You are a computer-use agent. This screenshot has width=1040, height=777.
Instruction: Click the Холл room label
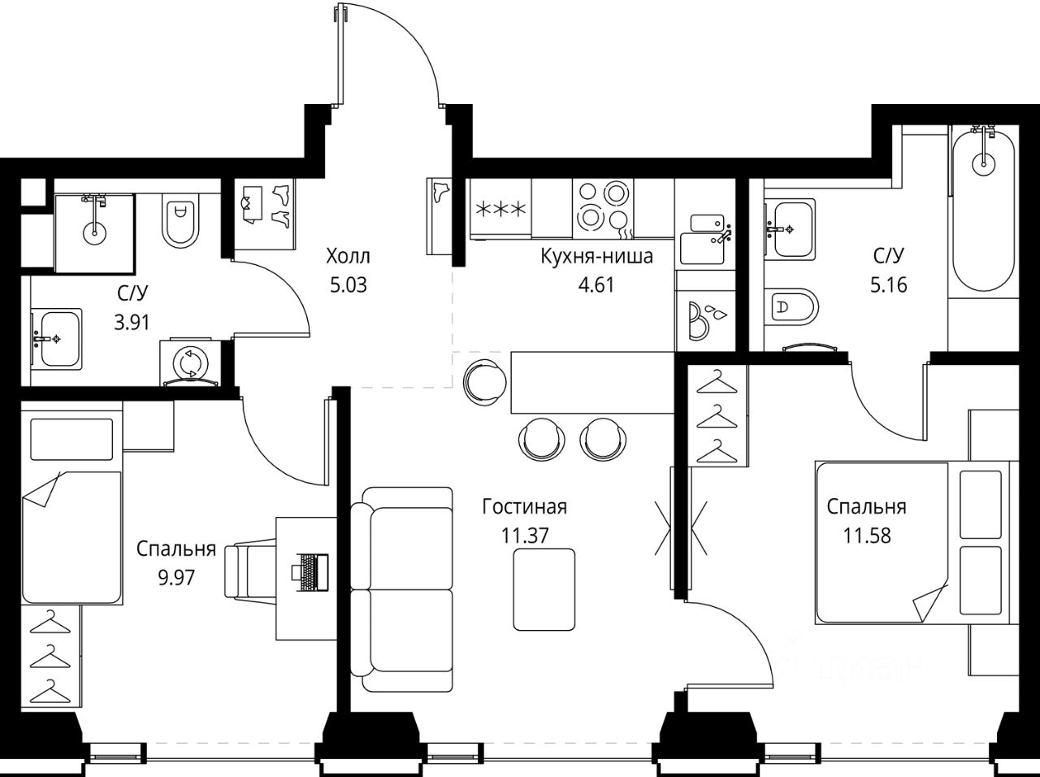[349, 256]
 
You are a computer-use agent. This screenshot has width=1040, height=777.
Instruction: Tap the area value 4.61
[596, 285]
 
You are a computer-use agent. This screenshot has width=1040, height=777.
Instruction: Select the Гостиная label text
[525, 507]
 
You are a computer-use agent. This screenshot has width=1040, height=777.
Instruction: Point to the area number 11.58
[867, 536]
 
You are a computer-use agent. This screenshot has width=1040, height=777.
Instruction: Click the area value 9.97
[176, 578]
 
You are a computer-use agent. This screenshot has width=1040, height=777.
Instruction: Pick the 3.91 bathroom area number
[132, 323]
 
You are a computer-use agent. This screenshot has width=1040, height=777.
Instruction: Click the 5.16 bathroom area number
[888, 285]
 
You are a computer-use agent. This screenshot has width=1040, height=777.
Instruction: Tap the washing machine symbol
[190, 362]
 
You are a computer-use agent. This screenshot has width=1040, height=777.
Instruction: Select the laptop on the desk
[310, 571]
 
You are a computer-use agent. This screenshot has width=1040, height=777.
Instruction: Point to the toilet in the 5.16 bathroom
[791, 306]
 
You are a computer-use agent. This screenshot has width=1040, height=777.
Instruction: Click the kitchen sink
[703, 239]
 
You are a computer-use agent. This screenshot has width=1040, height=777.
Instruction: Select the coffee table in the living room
[544, 590]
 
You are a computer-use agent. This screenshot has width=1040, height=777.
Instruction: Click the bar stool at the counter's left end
[485, 382]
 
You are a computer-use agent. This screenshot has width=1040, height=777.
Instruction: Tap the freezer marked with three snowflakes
[500, 208]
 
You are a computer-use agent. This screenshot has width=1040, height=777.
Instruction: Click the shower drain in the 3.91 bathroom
[94, 232]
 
